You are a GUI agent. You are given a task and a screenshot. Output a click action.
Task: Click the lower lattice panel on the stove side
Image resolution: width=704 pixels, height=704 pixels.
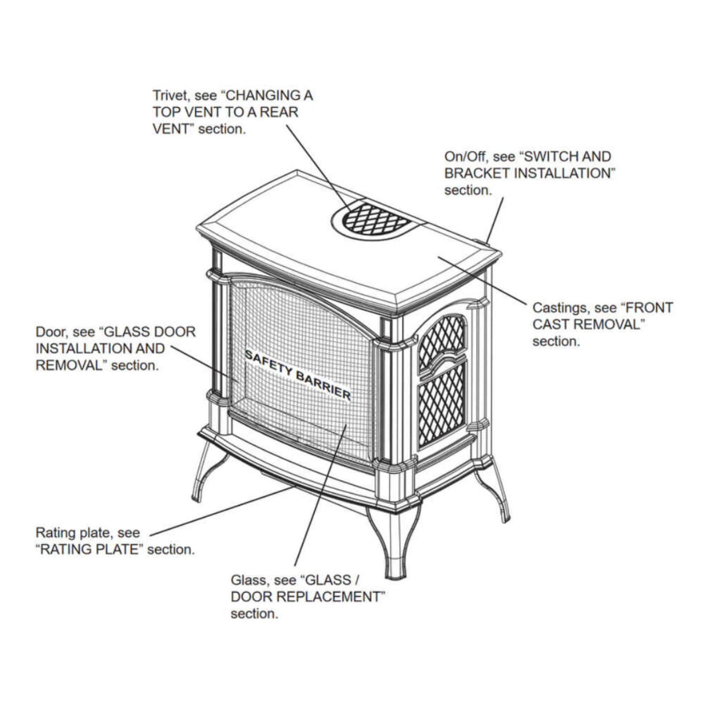pyautogui.click(x=441, y=406)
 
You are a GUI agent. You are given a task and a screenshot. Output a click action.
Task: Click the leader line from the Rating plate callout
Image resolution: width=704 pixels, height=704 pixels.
pyautogui.click(x=220, y=510)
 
